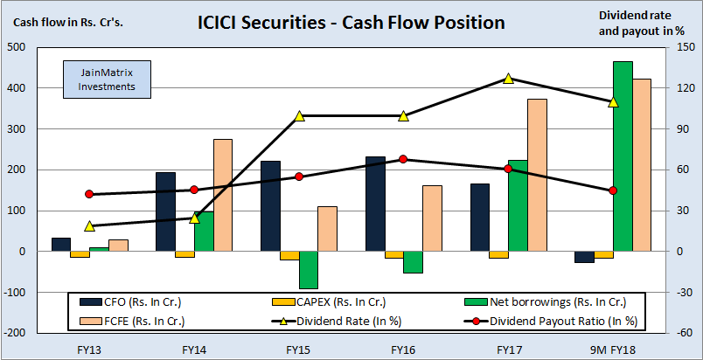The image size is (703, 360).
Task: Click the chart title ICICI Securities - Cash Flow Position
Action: coord(351,21)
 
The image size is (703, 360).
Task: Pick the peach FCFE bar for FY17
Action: coord(537,176)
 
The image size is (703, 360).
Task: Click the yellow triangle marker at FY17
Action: coord(508,79)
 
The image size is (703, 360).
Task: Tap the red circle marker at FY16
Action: coord(403,159)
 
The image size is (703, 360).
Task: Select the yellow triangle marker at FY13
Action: coord(88,226)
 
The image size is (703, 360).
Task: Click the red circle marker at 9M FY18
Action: coord(612,190)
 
